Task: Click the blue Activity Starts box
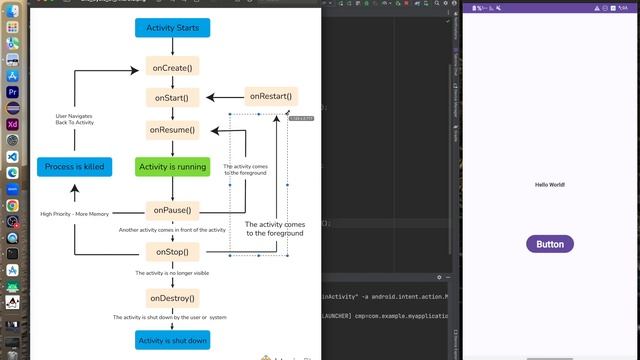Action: coord(172,28)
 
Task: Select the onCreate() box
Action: coord(172,67)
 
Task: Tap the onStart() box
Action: coord(172,98)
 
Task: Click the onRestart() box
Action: coord(272,97)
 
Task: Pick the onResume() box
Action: coord(172,130)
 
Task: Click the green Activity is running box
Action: coord(172,167)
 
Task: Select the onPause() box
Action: coord(172,210)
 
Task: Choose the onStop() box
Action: coord(172,252)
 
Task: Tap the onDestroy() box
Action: coord(172,298)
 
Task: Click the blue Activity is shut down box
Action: coord(172,341)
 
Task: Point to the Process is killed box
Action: coord(74,167)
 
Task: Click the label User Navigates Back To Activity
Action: coord(75,119)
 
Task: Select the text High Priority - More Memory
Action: coord(74,214)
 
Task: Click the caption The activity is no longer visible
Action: coord(172,273)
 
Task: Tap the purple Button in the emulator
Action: coord(549,244)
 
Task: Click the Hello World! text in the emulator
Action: coord(549,185)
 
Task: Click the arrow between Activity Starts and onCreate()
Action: coord(172,47)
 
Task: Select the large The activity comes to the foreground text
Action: coord(275,229)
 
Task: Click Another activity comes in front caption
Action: coord(172,230)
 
